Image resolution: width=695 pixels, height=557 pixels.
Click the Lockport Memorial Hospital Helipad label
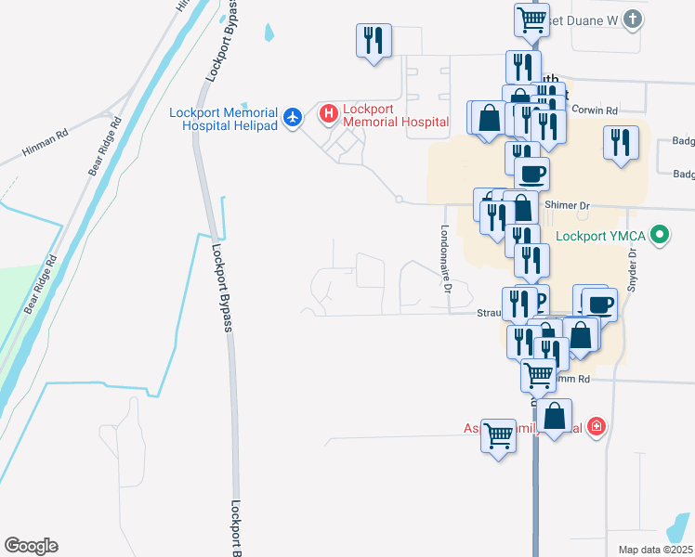tap(223, 119)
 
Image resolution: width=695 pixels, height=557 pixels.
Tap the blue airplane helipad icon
tap(294, 116)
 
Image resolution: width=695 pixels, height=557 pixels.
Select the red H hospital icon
tap(328, 115)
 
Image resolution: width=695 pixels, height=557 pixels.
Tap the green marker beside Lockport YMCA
tap(660, 235)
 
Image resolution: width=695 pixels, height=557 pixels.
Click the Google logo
tap(31, 546)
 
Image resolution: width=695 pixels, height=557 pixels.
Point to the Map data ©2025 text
tap(655, 549)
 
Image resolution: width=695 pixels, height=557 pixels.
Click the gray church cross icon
tap(632, 19)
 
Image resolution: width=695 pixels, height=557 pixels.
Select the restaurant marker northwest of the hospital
tap(374, 41)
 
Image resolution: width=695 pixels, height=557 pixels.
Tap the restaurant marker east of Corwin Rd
tap(620, 143)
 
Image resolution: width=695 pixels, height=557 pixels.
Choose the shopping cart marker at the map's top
tap(531, 19)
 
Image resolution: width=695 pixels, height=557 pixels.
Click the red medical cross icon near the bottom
tap(596, 427)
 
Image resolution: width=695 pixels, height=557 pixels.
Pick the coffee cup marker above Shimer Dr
tap(531, 174)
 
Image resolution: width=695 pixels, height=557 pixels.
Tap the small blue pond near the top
tap(269, 31)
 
